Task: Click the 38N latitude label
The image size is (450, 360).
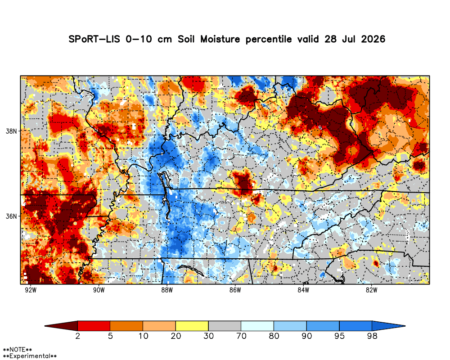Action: point(11,131)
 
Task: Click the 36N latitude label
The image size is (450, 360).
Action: point(11,216)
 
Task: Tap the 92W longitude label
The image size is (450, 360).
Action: point(31,290)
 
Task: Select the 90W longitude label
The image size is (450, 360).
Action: point(99,290)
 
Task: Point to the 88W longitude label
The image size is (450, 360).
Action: point(167,290)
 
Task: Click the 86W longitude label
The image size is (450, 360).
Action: point(235,290)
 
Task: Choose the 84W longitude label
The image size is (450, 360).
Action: point(303,290)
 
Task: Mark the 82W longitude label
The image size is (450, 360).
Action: point(371,290)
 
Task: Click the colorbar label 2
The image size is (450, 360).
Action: point(77,336)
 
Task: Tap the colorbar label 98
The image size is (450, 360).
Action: point(372,336)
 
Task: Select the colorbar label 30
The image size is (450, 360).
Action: point(209,336)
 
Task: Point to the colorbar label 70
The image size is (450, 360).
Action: point(241,336)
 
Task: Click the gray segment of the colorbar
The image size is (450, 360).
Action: point(225,326)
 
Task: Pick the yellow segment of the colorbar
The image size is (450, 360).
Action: point(192,326)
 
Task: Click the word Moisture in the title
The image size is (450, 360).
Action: point(220,39)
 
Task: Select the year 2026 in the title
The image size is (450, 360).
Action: point(373,39)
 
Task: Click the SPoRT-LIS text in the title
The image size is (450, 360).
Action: point(94,39)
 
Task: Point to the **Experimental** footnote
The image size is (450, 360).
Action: point(30,356)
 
